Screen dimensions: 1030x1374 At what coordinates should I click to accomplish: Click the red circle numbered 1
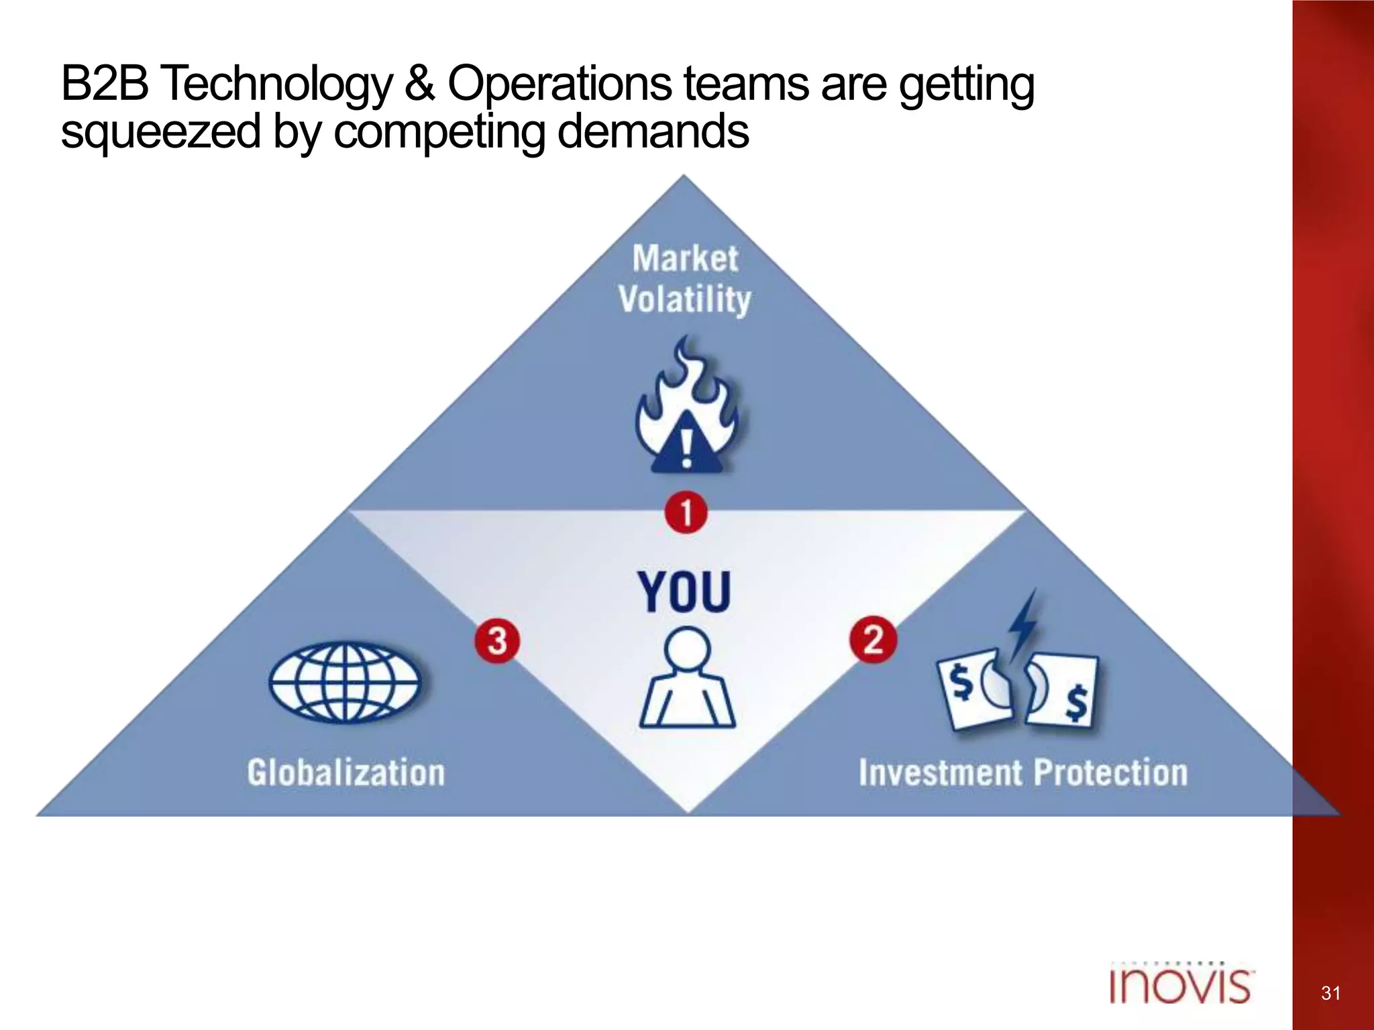[686, 513]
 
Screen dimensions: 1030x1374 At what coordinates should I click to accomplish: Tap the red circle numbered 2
[873, 640]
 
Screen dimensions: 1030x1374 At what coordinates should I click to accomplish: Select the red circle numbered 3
[497, 640]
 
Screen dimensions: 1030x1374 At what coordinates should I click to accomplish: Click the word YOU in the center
[684, 592]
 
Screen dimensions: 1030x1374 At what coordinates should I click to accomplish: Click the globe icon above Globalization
[345, 682]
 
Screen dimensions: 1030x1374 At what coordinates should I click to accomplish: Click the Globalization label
[346, 772]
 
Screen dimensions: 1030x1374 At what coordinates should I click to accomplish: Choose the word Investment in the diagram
[940, 772]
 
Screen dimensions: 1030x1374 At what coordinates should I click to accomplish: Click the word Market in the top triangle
[685, 258]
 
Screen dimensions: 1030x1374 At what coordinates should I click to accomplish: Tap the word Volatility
[684, 299]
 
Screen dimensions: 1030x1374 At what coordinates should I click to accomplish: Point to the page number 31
[1330, 993]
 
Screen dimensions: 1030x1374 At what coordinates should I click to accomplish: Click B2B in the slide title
[105, 84]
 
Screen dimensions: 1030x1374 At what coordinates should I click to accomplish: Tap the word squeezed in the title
[160, 132]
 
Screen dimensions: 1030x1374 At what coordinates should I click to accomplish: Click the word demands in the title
[653, 131]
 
